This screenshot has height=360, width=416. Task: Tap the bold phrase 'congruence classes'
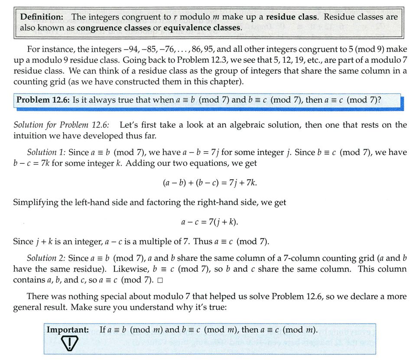pos(110,28)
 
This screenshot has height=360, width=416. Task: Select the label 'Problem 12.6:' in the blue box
pos(42,100)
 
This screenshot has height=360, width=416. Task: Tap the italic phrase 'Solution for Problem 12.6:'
pos(62,125)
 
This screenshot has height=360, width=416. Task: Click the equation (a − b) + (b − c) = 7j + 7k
pos(210,183)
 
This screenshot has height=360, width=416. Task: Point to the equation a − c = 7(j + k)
pos(210,222)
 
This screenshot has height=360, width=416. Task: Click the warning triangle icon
pos(69,344)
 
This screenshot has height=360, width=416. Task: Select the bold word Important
pos(68,330)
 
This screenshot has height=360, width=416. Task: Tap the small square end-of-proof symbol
pos(160,280)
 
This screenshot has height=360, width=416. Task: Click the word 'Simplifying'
pos(36,202)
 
